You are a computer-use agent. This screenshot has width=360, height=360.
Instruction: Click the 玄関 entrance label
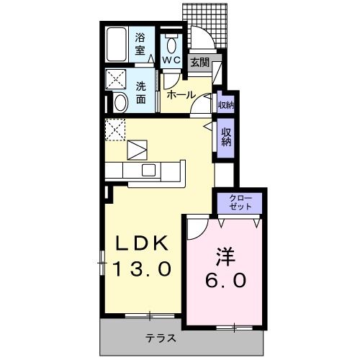pos(199,63)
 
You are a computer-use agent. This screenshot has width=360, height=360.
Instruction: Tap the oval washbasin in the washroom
pos(120,102)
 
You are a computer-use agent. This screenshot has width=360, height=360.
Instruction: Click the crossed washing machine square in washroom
pos(116,78)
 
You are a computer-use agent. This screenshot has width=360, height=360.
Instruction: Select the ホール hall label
pos(180,94)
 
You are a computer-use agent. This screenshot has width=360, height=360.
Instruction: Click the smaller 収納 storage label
pos(225,105)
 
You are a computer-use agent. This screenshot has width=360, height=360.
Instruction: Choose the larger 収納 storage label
pos(226,137)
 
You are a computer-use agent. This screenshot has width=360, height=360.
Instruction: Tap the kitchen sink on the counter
pos(149,170)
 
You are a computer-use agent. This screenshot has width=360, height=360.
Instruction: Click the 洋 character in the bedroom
pos(223,255)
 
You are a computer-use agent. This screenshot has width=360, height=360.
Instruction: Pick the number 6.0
pos(224,280)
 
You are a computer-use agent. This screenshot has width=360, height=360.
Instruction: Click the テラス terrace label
pos(161,338)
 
